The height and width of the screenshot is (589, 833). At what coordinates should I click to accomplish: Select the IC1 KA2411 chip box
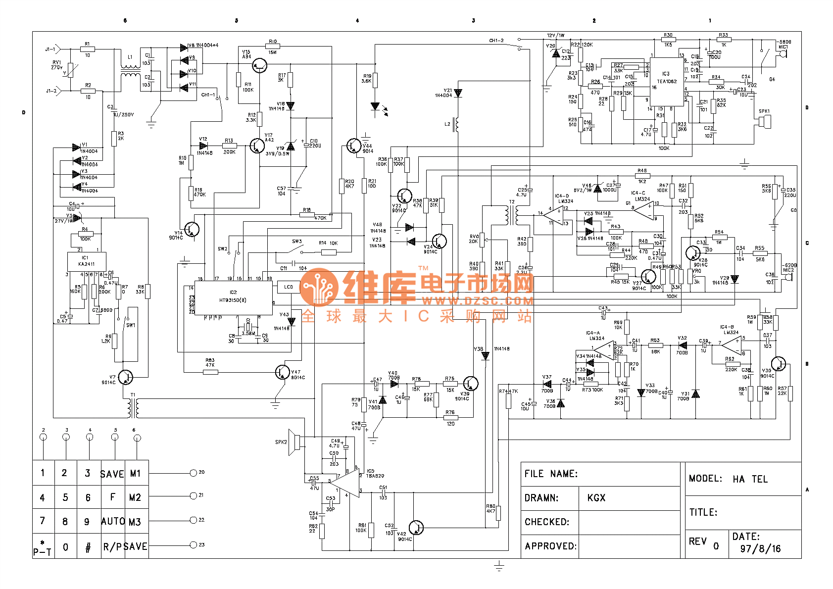click(x=87, y=261)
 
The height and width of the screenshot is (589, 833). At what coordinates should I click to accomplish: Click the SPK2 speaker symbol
click(x=295, y=442)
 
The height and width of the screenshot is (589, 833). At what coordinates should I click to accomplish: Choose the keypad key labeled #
click(x=88, y=547)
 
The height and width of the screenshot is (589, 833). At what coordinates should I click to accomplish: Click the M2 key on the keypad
click(x=135, y=497)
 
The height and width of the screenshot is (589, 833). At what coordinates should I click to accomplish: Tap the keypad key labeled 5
click(x=65, y=497)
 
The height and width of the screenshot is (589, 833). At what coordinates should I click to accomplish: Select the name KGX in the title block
click(x=596, y=498)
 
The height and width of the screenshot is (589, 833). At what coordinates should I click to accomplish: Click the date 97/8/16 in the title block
click(x=760, y=548)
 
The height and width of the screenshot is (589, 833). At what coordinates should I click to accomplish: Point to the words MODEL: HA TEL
click(x=728, y=479)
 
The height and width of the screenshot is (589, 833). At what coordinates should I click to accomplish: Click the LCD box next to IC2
click(x=289, y=287)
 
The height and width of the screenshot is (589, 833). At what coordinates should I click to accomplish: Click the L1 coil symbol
click(x=130, y=70)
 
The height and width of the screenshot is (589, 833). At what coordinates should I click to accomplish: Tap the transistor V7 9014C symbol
click(x=126, y=377)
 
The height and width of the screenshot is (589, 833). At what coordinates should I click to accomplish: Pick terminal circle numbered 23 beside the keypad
click(x=194, y=545)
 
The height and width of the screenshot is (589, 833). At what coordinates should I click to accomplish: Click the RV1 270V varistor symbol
click(x=70, y=70)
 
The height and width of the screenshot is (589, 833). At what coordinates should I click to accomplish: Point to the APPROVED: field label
click(x=550, y=546)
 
